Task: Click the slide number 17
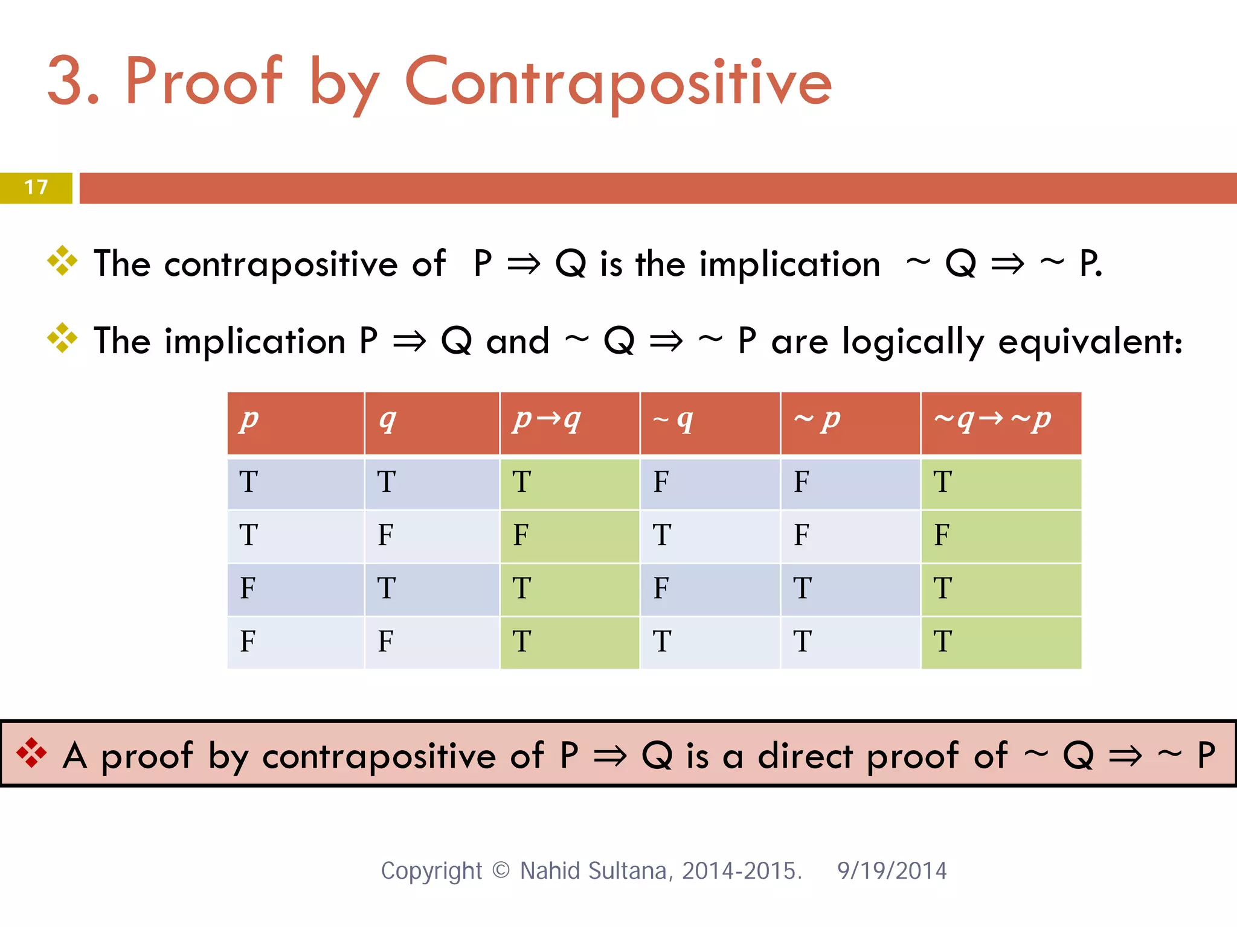pos(36,187)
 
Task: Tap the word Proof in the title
pos(203,82)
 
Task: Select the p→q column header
pos(547,419)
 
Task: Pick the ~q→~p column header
pos(992,419)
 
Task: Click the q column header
pos(388,419)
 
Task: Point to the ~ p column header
pos(817,419)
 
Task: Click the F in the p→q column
pos(521,535)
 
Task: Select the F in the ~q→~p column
pos(942,535)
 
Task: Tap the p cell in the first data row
pos(248,482)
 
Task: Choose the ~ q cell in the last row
pos(661,642)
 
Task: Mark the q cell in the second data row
pos(385,535)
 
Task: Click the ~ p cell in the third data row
pos(802,588)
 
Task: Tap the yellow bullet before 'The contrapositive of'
pos(62,261)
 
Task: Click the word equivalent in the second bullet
pos(1090,342)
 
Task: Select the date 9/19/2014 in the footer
pos(892,871)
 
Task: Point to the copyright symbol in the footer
pos(501,870)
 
